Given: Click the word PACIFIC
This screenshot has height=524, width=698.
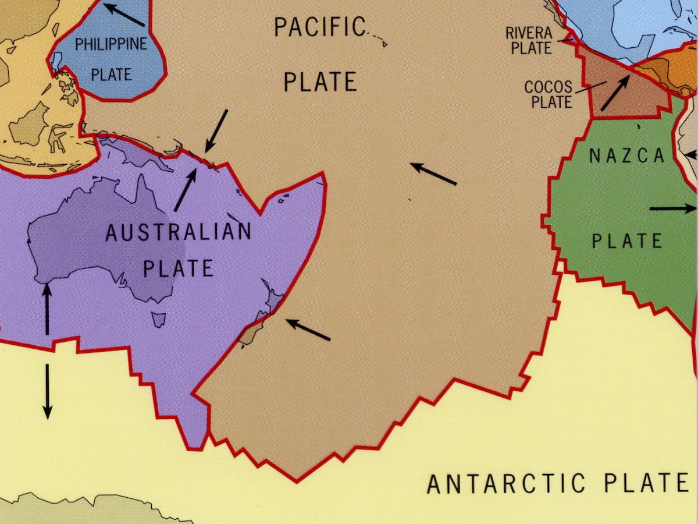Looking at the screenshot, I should (x=319, y=26).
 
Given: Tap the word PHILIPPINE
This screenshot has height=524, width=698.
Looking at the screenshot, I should (x=111, y=44).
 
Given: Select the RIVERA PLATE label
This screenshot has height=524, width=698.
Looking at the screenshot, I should (x=531, y=41).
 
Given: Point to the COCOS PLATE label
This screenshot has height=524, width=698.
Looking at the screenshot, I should (x=548, y=94).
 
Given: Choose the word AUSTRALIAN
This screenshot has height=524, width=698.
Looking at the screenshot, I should (x=178, y=232).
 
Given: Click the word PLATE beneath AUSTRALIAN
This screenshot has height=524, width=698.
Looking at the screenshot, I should (x=178, y=268).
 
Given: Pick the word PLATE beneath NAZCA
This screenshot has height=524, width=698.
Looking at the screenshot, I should (x=627, y=240).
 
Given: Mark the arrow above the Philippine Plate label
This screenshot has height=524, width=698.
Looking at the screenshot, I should (x=123, y=15).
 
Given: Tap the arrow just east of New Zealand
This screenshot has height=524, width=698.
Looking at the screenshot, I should (x=308, y=330).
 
